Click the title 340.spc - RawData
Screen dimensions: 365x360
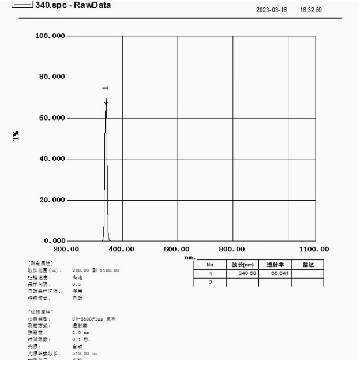(73, 6)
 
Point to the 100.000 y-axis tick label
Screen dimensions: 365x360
(50, 36)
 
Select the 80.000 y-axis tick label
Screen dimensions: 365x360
(50, 77)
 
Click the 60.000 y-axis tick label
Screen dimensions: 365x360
(50, 118)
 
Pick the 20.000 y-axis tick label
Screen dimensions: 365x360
(50, 200)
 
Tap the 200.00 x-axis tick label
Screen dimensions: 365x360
(66, 249)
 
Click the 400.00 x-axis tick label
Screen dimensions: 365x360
(121, 249)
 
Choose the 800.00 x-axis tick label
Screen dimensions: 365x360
(232, 249)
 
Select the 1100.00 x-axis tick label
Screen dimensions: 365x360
(314, 249)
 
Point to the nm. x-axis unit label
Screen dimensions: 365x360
(190, 257)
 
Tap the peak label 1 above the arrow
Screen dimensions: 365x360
(105, 88)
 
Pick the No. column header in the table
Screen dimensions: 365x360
(210, 264)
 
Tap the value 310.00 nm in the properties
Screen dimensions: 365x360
(85, 353)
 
